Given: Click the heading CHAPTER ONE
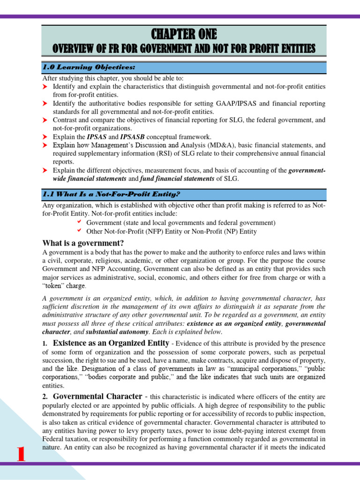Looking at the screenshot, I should click(x=184, y=34).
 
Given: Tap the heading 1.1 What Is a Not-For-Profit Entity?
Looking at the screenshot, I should click(x=112, y=194).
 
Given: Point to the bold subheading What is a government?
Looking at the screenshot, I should click(x=83, y=243).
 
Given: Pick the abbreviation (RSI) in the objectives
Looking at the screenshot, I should click(x=153, y=153).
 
